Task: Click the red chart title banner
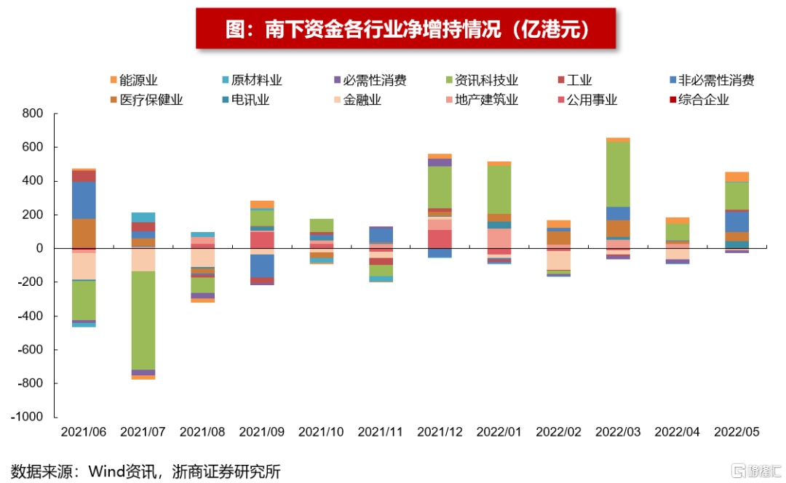pyautogui.click(x=406, y=28)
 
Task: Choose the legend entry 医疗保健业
pyautogui.click(x=146, y=100)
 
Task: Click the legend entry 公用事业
pyautogui.click(x=587, y=100)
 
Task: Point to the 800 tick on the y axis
pyautogui.click(x=33, y=113)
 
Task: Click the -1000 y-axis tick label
pyautogui.click(x=28, y=418)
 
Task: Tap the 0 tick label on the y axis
pyautogui.click(x=40, y=249)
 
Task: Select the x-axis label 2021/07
pyautogui.click(x=143, y=432)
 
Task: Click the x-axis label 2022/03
pyautogui.click(x=619, y=432)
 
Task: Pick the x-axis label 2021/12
pyautogui.click(x=440, y=432)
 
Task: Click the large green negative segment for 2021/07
pyautogui.click(x=143, y=320)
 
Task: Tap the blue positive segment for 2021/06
pyautogui.click(x=84, y=200)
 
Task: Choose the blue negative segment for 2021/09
pyautogui.click(x=262, y=266)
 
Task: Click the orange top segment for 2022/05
pyautogui.click(x=737, y=177)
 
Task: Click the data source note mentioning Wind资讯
pyautogui.click(x=146, y=471)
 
